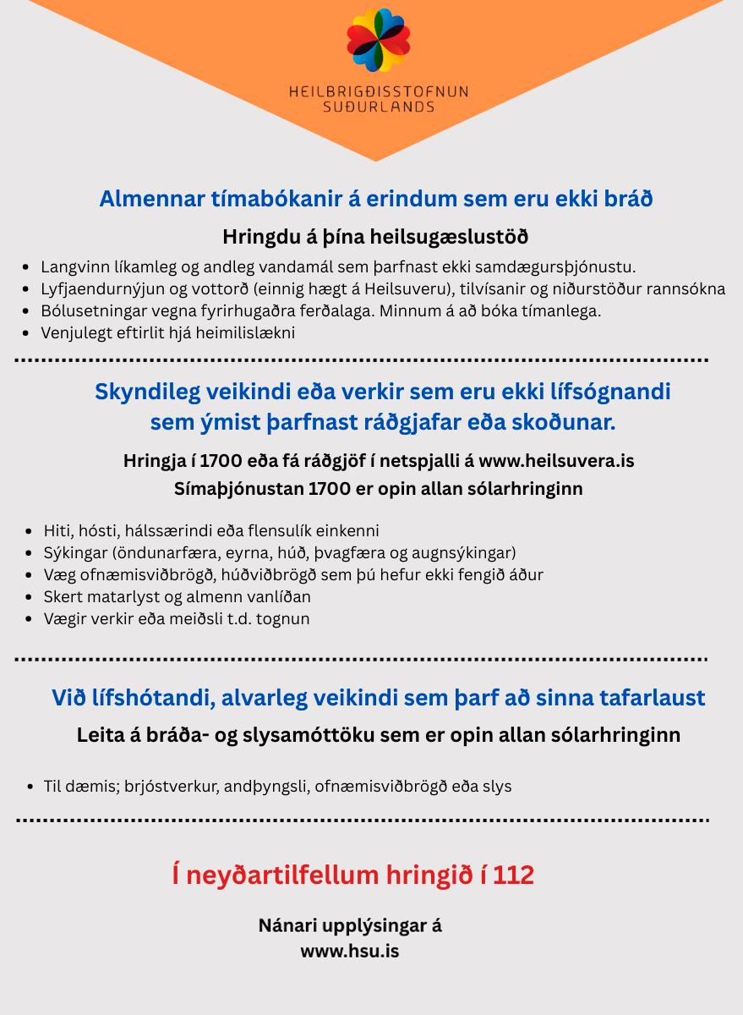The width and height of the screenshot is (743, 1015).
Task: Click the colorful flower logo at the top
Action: pyautogui.click(x=377, y=40)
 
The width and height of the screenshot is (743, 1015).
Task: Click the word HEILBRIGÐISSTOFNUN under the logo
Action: pyautogui.click(x=378, y=91)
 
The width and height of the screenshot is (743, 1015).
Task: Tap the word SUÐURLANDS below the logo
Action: pyautogui.click(x=379, y=107)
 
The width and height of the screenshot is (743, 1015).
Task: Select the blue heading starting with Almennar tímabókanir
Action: pyautogui.click(x=375, y=199)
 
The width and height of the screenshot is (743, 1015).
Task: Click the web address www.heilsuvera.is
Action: pyautogui.click(x=556, y=461)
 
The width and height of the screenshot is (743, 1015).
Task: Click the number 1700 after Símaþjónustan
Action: pyautogui.click(x=328, y=489)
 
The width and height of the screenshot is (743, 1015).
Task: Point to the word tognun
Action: pyautogui.click(x=283, y=618)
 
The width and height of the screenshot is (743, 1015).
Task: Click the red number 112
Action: pyautogui.click(x=513, y=875)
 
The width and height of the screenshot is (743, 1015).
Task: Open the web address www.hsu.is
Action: pyautogui.click(x=350, y=951)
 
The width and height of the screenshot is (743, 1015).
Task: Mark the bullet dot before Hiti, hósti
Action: pyautogui.click(x=31, y=532)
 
